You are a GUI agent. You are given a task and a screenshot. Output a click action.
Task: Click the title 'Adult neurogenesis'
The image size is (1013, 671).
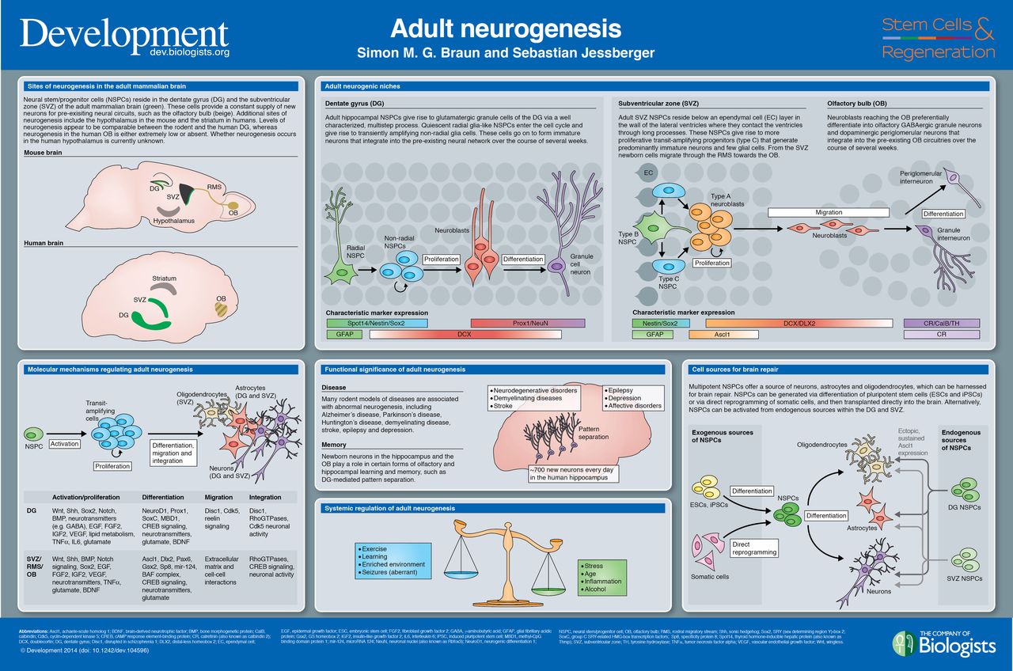pos(506,28)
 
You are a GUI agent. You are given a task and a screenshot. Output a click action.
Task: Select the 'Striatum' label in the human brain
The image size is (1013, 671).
pos(164,279)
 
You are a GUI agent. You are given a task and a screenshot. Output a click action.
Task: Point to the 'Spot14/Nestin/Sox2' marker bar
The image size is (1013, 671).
pos(376,323)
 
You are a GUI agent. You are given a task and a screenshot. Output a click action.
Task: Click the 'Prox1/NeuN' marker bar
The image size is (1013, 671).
pos(527,323)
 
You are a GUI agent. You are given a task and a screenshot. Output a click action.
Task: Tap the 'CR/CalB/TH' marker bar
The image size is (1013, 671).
pos(941,323)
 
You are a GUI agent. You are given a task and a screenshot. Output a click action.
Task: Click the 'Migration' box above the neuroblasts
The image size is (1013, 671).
pos(829,213)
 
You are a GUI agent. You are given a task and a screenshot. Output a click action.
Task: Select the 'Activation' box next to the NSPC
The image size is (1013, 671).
pos(65,445)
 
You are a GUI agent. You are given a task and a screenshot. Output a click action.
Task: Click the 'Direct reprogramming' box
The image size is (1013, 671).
pos(755,548)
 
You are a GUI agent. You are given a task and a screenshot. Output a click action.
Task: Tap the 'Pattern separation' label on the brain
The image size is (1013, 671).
pos(599,433)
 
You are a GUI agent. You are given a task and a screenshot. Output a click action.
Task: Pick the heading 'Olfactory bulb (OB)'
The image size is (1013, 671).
pos(856,104)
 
